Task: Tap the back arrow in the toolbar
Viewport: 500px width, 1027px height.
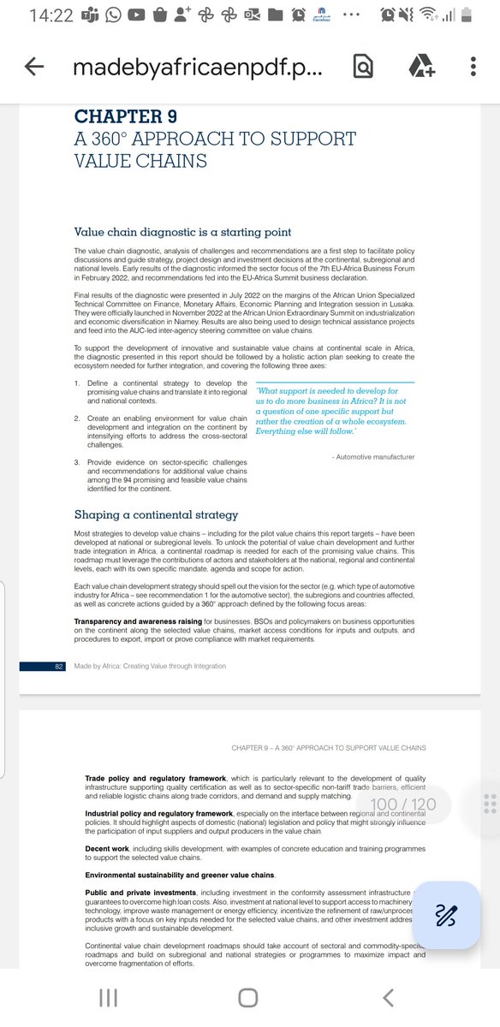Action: click(x=34, y=67)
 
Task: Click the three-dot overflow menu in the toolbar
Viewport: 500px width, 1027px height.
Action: click(x=473, y=67)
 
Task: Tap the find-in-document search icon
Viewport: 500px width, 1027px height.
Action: click(x=363, y=67)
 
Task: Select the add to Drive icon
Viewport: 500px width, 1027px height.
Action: click(x=420, y=67)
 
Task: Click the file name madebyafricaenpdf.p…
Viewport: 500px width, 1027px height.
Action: click(x=198, y=68)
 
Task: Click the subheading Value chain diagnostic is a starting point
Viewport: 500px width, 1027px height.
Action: click(x=182, y=232)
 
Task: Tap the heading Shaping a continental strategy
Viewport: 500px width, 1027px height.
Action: click(x=156, y=514)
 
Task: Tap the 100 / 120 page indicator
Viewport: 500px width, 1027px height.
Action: click(x=403, y=804)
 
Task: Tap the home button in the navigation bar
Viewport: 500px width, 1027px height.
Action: click(x=248, y=997)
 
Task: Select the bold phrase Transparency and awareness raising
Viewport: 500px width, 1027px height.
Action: click(x=149, y=620)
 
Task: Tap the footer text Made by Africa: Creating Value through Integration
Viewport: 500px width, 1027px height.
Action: click(x=150, y=666)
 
